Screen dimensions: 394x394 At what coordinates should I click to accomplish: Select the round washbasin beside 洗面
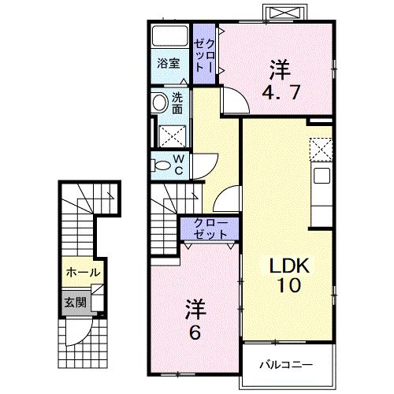(x=159, y=102)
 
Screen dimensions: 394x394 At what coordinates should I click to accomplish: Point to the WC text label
(x=178, y=165)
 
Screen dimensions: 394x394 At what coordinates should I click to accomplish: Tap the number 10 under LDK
(x=287, y=285)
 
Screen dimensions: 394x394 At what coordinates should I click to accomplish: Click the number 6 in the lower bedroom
(x=195, y=332)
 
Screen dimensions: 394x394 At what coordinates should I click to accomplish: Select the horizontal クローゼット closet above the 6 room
(x=210, y=229)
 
